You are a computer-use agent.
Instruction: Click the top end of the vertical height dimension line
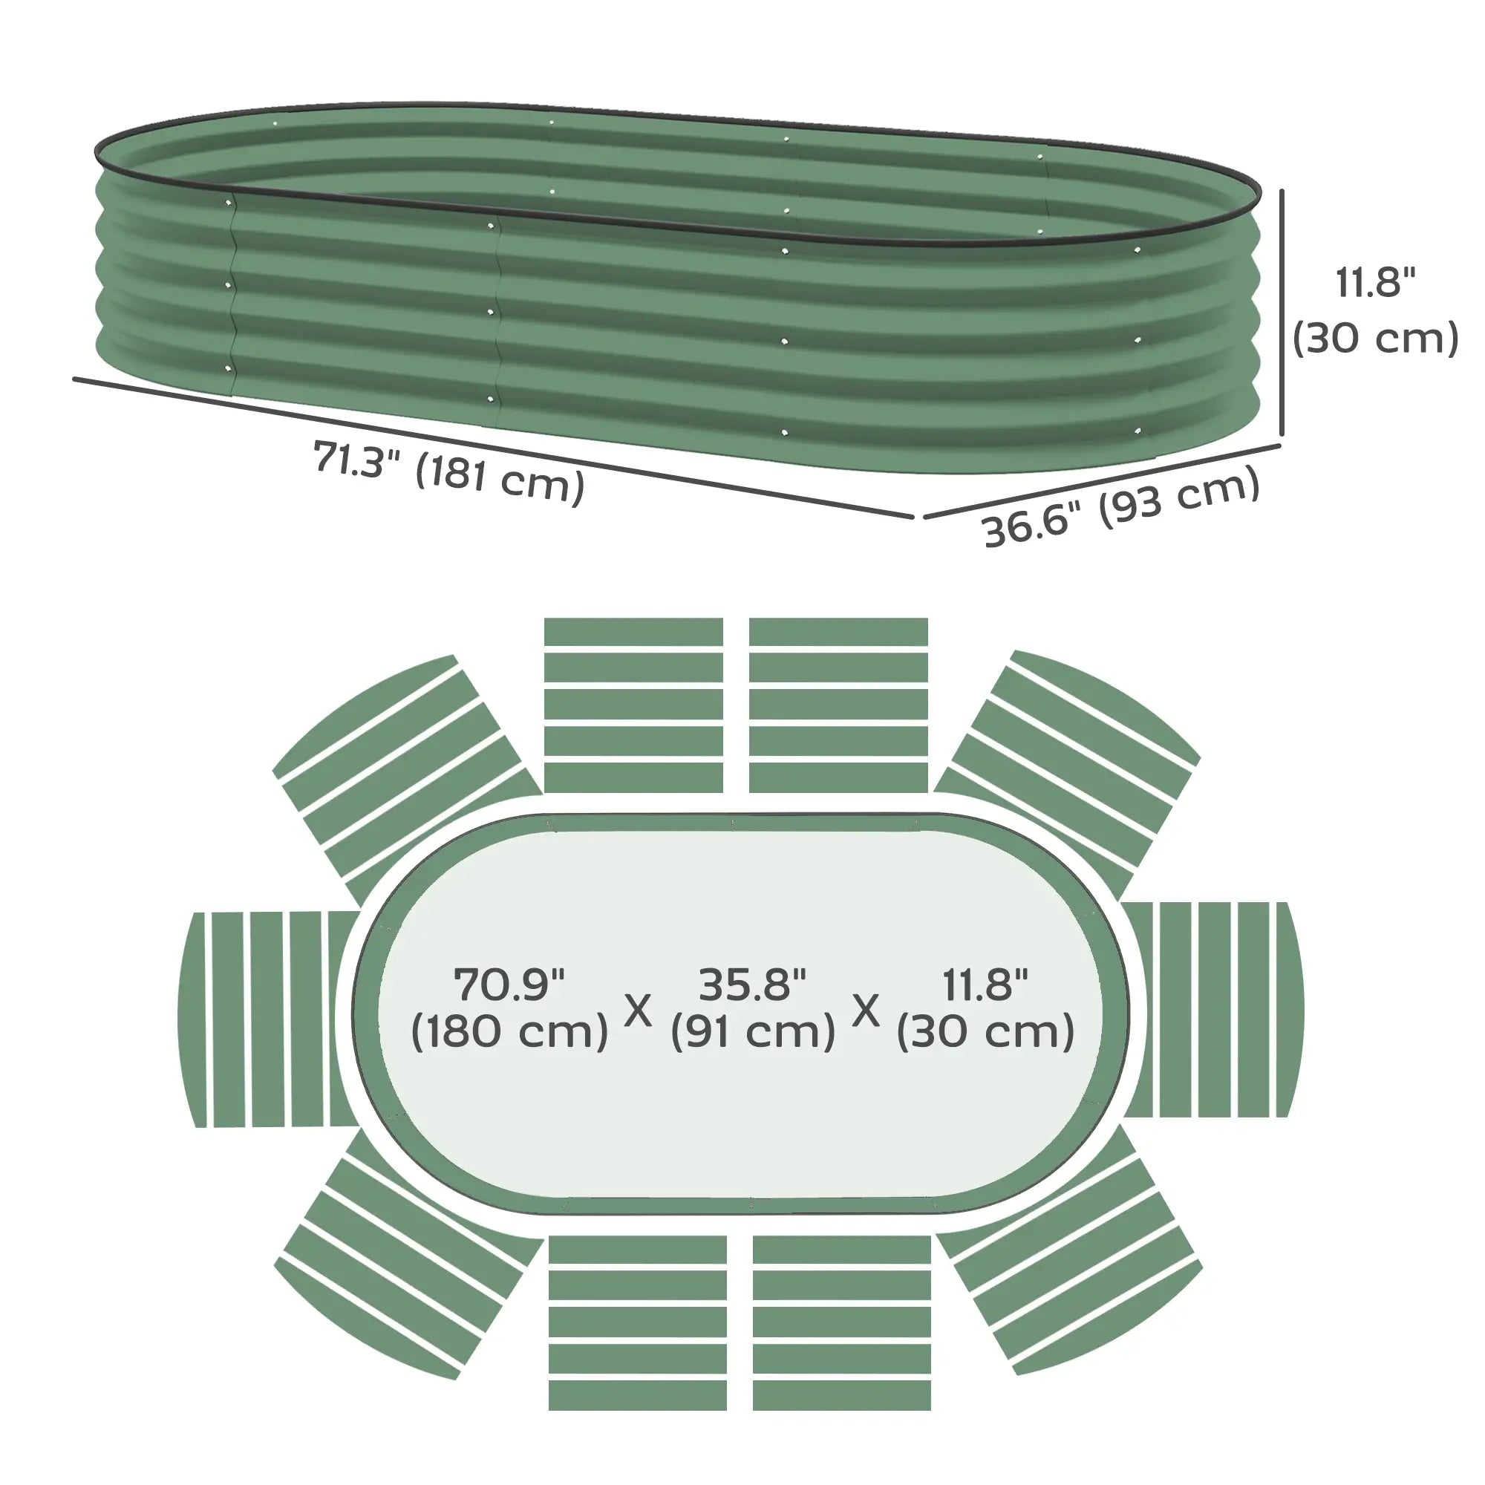(1282, 191)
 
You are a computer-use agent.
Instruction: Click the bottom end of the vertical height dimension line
(1282, 436)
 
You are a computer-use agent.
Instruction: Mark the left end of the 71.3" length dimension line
(74, 378)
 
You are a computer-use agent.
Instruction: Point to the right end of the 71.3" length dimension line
(913, 518)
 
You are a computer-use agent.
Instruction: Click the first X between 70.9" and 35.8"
(637, 1011)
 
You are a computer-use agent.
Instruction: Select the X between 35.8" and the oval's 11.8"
(866, 1011)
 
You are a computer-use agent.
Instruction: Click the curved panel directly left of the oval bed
(268, 1020)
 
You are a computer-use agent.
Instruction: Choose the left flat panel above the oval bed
(633, 705)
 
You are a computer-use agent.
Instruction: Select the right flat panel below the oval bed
(842, 1323)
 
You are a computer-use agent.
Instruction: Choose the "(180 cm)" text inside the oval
(509, 1032)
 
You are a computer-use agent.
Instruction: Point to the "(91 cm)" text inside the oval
(752, 1032)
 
